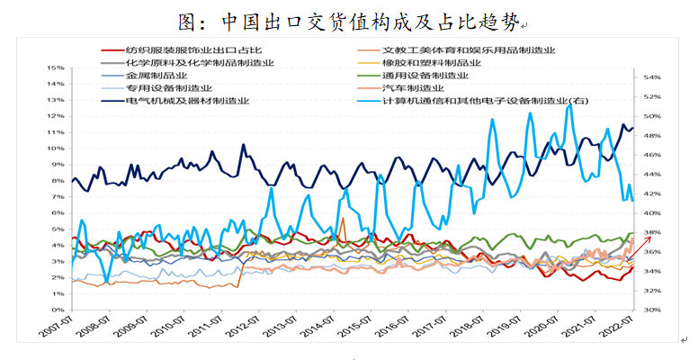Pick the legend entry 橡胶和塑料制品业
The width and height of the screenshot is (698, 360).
(432, 63)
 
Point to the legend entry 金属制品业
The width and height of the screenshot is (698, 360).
(157, 76)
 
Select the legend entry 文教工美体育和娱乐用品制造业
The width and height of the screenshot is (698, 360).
(469, 50)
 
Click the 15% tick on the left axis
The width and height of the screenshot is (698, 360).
(54, 67)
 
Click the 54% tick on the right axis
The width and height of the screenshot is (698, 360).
(650, 77)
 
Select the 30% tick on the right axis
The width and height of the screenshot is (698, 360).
(650, 310)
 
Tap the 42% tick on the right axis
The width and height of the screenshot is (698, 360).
(650, 193)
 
